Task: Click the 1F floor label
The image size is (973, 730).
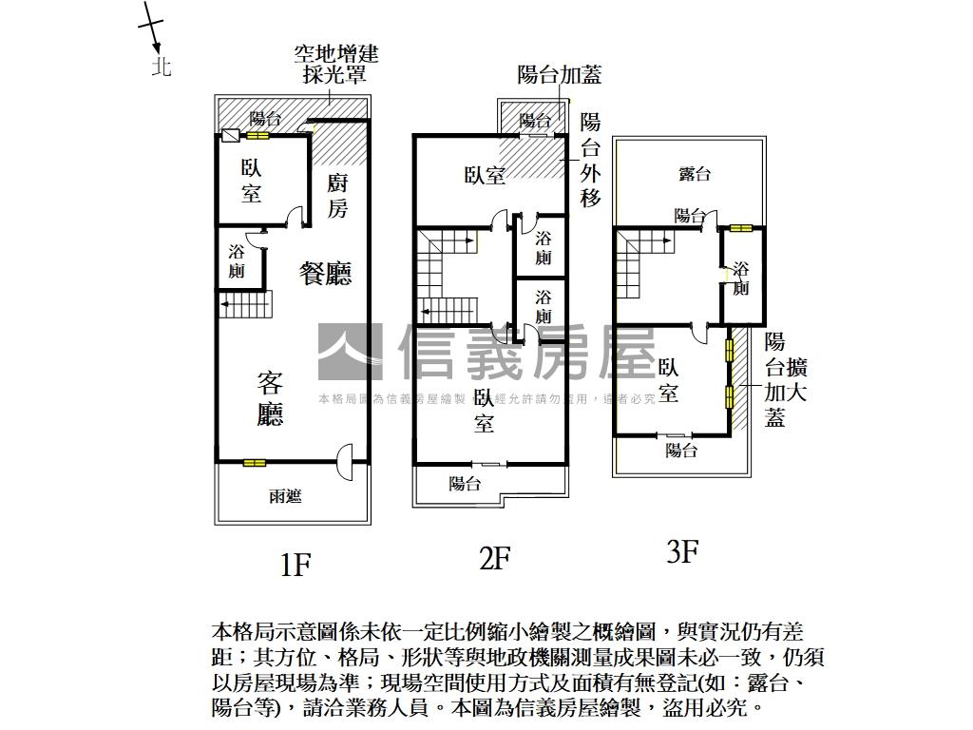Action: click(x=296, y=565)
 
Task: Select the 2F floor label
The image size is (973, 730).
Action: click(x=495, y=558)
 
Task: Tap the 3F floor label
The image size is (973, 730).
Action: click(x=682, y=551)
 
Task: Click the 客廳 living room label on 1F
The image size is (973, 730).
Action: click(x=271, y=399)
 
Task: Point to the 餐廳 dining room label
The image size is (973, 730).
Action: click(x=325, y=275)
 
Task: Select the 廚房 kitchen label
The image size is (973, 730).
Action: click(x=338, y=196)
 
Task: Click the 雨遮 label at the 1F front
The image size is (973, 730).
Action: click(x=285, y=496)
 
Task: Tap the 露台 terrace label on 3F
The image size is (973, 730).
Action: click(x=695, y=174)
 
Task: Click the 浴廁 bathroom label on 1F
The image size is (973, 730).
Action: click(x=237, y=261)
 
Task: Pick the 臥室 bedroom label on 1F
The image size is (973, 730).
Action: click(x=251, y=181)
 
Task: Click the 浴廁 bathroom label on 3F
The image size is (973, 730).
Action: click(x=741, y=278)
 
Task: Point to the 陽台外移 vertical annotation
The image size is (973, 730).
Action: click(x=590, y=161)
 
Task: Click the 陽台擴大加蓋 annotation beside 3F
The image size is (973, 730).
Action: click(x=786, y=380)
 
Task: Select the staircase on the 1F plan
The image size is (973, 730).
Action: click(x=246, y=305)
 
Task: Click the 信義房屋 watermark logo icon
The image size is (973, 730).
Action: click(x=350, y=353)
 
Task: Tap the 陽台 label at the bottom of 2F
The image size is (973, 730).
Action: click(x=465, y=484)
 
